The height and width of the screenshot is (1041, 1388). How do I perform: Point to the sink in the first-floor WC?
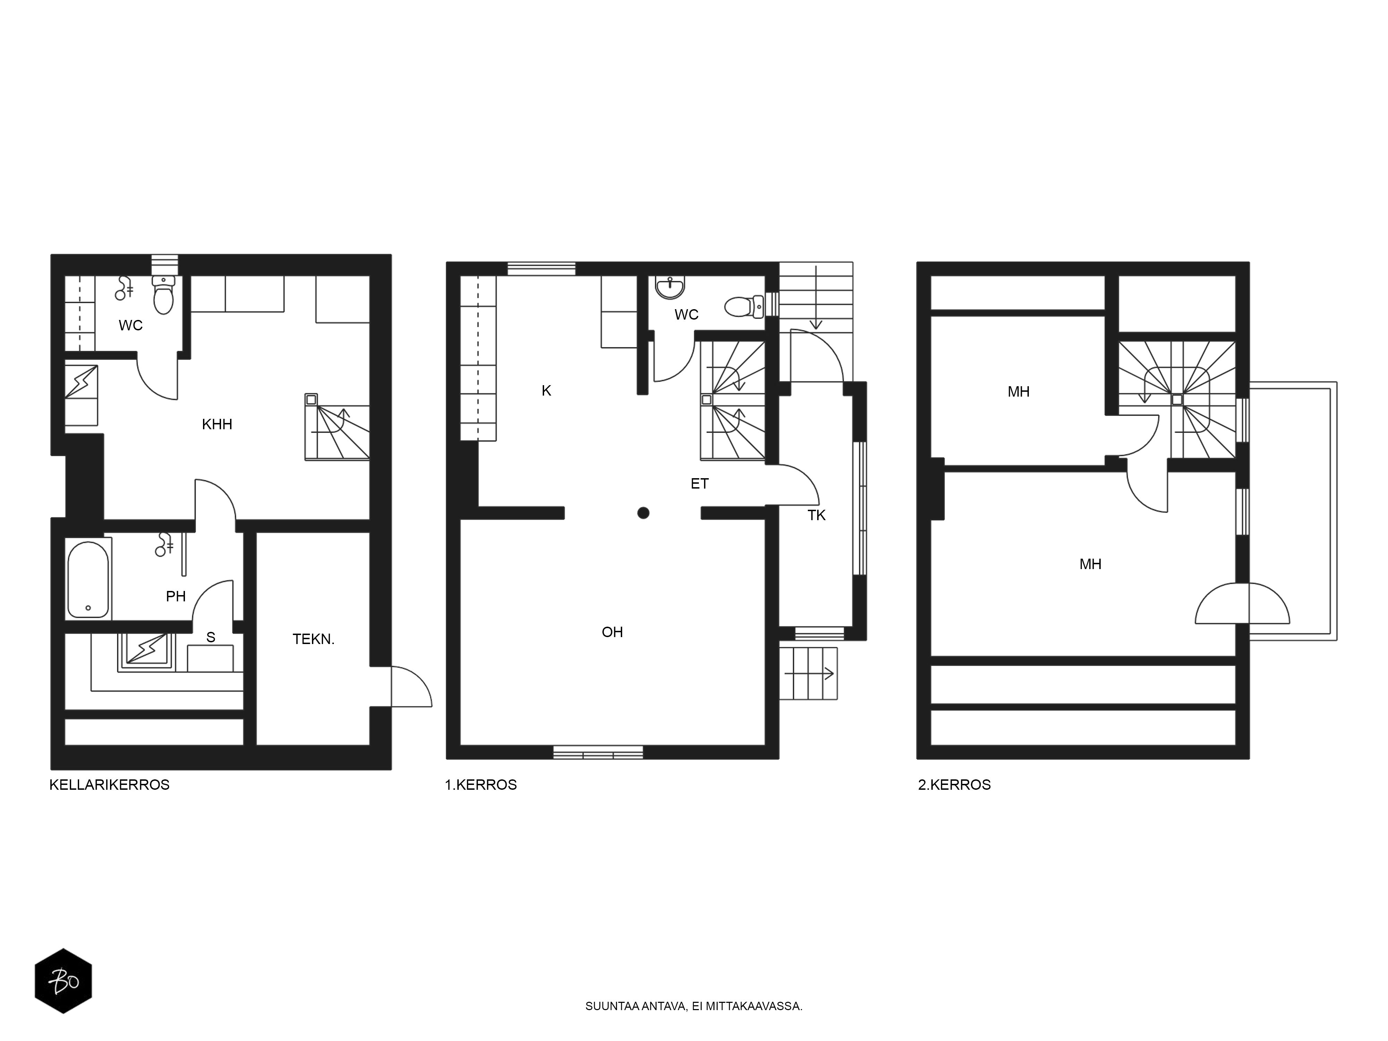coord(669,288)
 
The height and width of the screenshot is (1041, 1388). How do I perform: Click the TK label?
coord(816,516)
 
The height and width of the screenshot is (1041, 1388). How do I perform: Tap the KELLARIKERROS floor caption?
coord(110,785)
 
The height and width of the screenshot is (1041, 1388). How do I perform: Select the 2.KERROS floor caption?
coord(954,785)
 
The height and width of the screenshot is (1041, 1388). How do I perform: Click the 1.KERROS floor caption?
coord(481,785)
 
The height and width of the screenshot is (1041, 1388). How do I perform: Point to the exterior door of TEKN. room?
coord(411,687)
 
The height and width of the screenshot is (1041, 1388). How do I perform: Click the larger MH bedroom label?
coord(1091,565)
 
